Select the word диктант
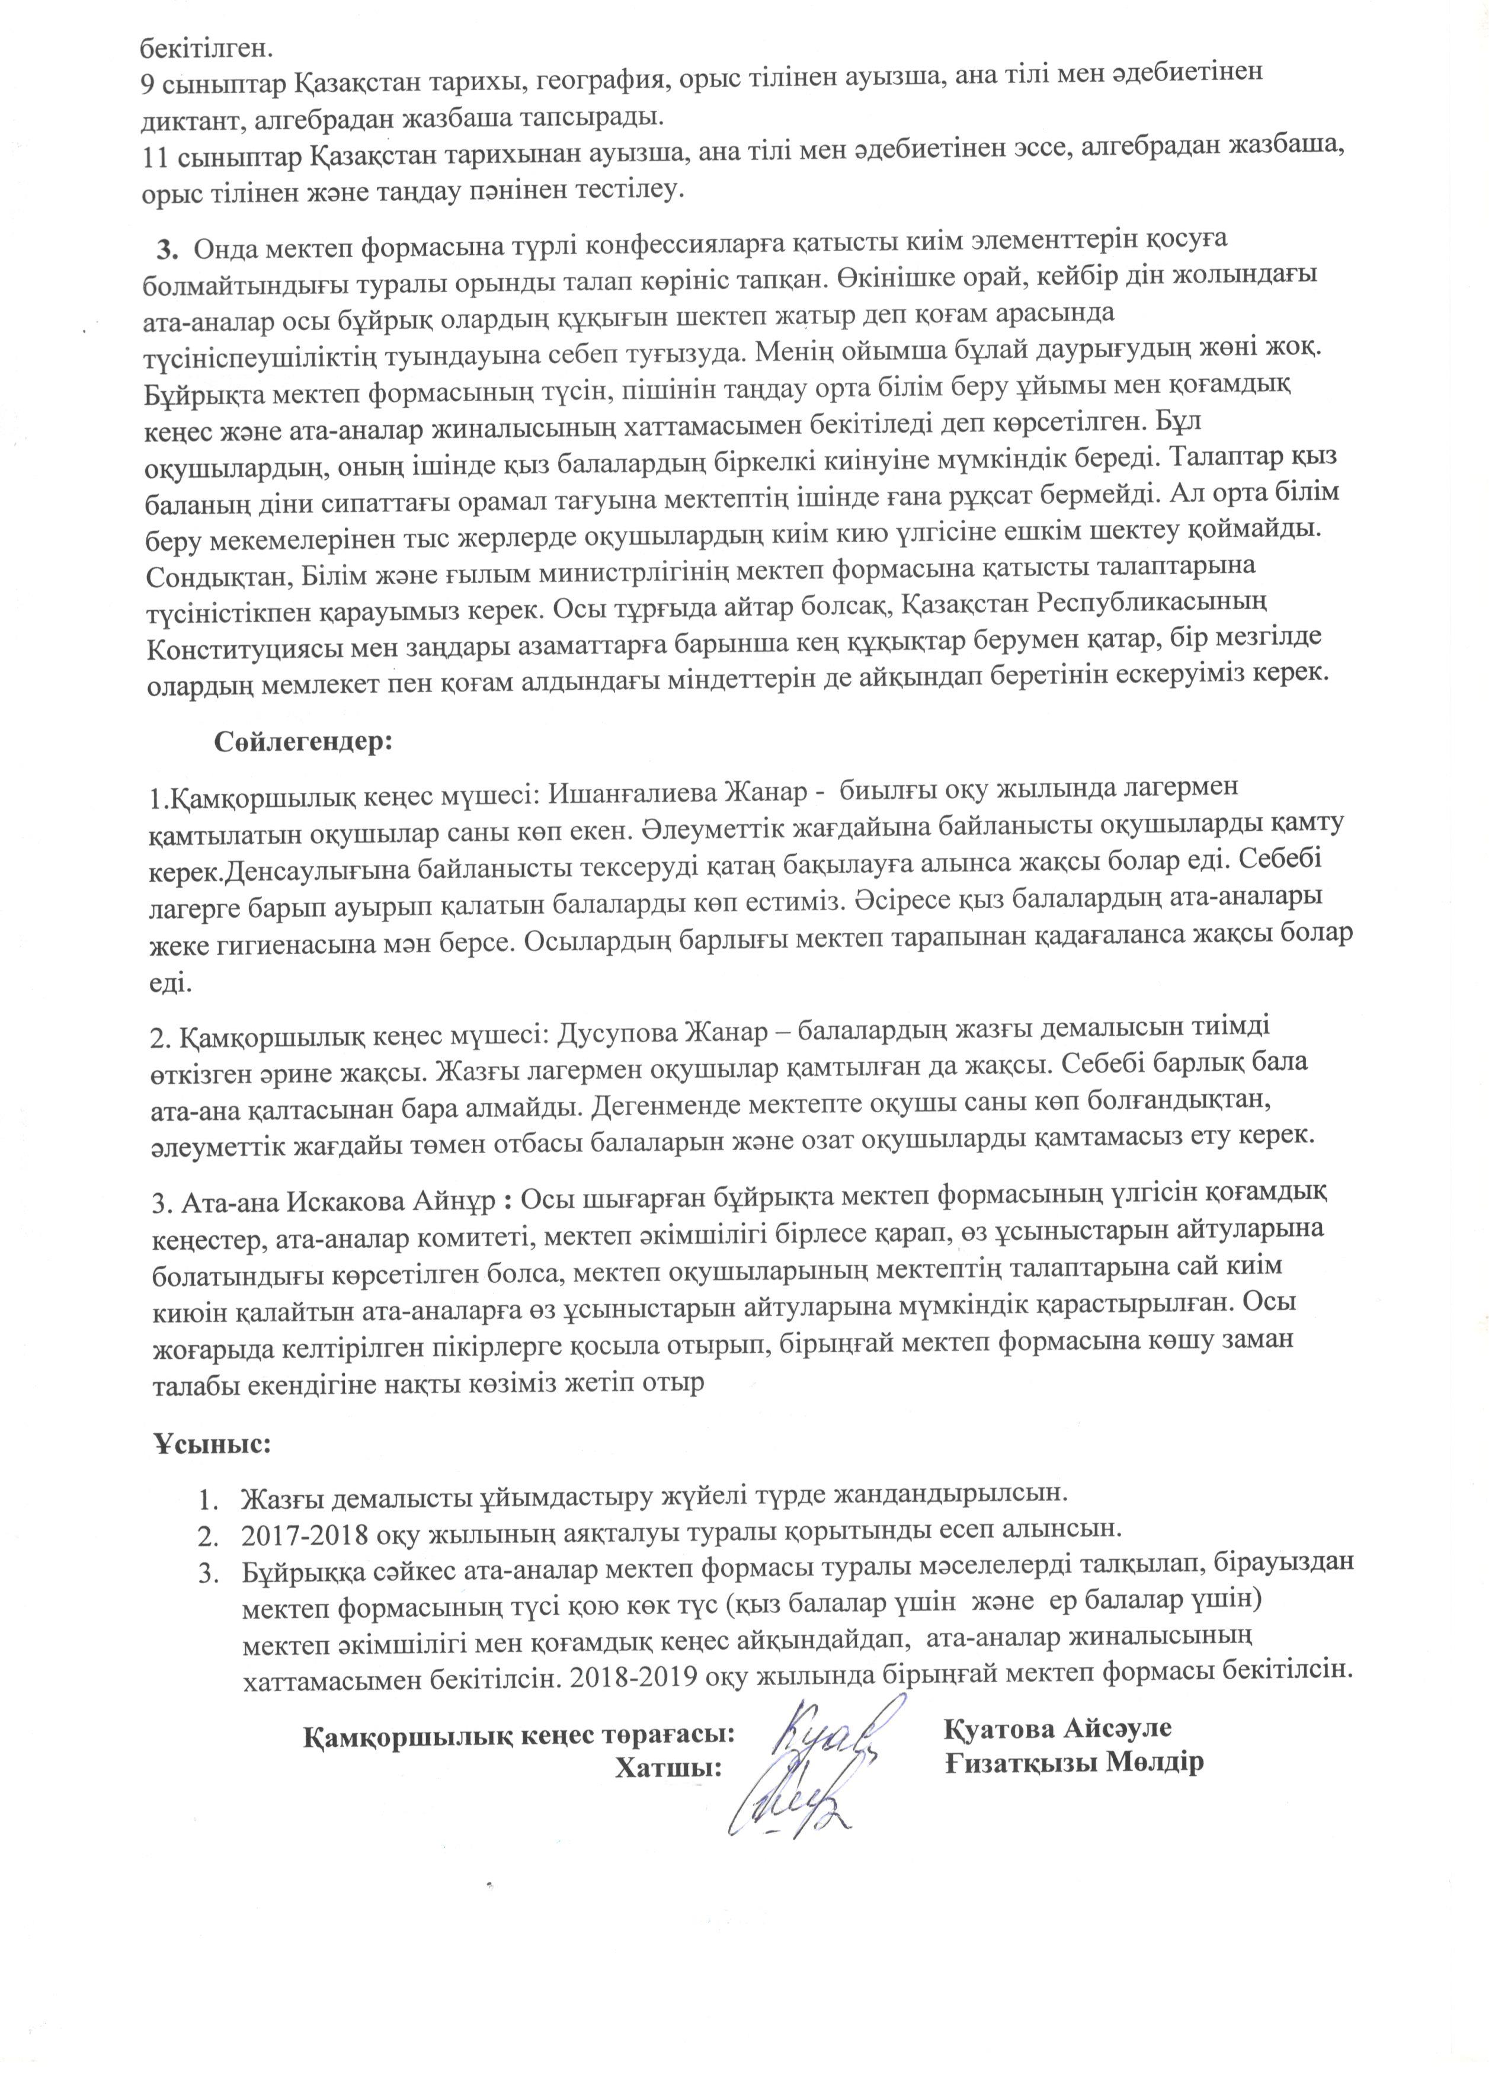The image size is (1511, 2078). [x=190, y=118]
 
